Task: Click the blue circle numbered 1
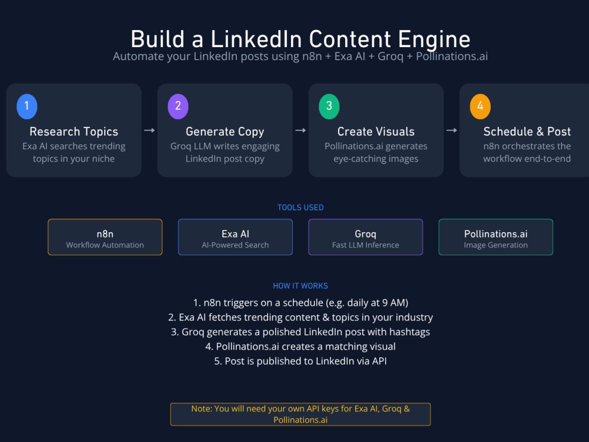coord(27,106)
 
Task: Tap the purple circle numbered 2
coord(178,106)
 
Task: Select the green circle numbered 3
coord(329,106)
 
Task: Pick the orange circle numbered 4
coord(480,106)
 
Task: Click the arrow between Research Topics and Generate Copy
coord(150,130)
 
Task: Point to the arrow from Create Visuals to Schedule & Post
coord(452,130)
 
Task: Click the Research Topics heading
coord(74,131)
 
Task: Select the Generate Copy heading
coord(225,131)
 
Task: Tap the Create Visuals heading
coord(376,131)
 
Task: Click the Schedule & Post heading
coord(527,131)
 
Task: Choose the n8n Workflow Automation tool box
coord(105,237)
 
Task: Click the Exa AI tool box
coord(235,237)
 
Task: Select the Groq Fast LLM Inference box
coord(366,237)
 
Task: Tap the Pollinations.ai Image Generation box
coord(496,237)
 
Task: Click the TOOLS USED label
coord(300,207)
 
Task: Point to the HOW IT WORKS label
coord(300,286)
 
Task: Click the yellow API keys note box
coord(300,414)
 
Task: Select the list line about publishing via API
coord(300,361)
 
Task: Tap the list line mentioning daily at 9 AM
coord(300,303)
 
